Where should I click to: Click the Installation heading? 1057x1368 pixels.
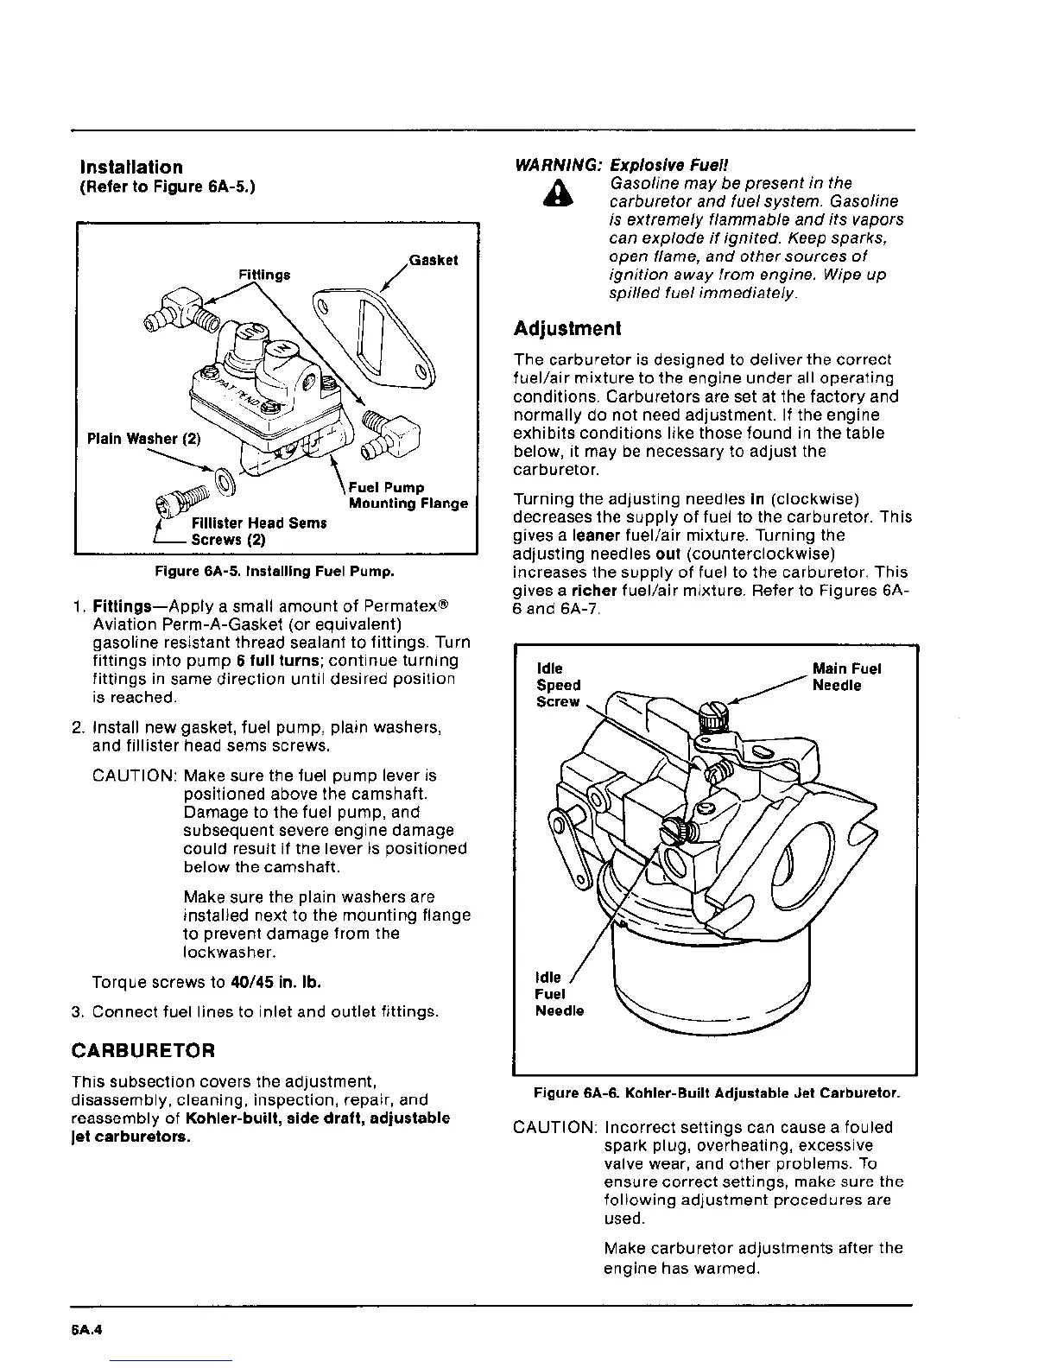pos(130,168)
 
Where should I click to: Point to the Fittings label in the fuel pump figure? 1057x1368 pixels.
pos(264,275)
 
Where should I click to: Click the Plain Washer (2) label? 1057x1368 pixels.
pos(144,438)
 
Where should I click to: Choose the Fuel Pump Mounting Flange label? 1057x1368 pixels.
pos(407,496)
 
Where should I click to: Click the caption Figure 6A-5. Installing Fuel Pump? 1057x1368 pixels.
pos(275,571)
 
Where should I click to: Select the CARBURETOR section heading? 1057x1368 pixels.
pos(142,1051)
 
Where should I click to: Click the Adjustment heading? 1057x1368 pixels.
pos(566,329)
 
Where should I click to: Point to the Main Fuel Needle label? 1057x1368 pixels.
pos(846,677)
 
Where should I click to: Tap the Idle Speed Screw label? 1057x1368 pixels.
pos(559,685)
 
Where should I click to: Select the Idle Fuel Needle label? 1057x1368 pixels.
pos(559,993)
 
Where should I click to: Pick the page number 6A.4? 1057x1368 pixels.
pos(88,1330)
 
